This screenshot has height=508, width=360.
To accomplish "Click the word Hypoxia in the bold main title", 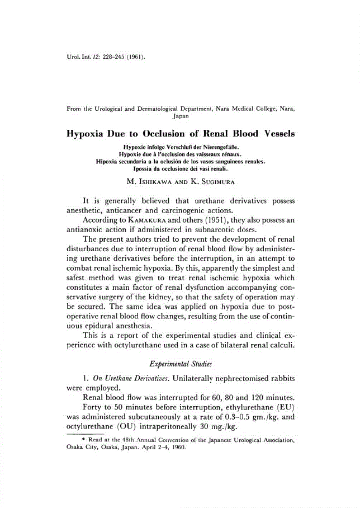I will [88, 134].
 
